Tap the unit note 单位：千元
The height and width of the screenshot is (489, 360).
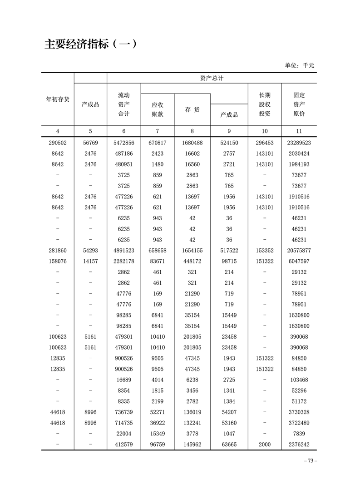pyautogui.click(x=300, y=65)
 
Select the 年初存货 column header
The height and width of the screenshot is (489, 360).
pyautogui.click(x=58, y=99)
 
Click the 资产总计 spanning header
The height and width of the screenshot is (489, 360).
pyautogui.click(x=212, y=78)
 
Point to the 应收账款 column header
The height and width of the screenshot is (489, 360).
pyautogui.click(x=157, y=109)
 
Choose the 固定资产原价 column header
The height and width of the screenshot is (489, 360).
pyautogui.click(x=299, y=104)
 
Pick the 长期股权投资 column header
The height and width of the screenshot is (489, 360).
pyautogui.click(x=265, y=104)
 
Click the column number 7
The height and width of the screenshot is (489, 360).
pyautogui.click(x=157, y=131)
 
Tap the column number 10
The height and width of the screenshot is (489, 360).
pyautogui.click(x=265, y=131)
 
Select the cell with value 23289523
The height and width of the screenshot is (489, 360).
pyautogui.click(x=299, y=143)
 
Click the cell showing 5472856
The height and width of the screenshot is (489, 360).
pyautogui.click(x=124, y=143)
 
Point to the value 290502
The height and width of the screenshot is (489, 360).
pyautogui.click(x=58, y=143)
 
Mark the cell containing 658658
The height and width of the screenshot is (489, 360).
pyautogui.click(x=157, y=251)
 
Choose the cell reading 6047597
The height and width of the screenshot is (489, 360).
pyautogui.click(x=299, y=262)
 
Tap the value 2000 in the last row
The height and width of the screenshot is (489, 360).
pyautogui.click(x=265, y=445)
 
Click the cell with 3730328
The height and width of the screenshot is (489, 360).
pyautogui.click(x=299, y=412)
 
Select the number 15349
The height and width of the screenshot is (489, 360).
pyautogui.click(x=157, y=434)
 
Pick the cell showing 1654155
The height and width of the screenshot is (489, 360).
pyautogui.click(x=192, y=251)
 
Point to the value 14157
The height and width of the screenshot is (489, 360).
pyautogui.click(x=90, y=262)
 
